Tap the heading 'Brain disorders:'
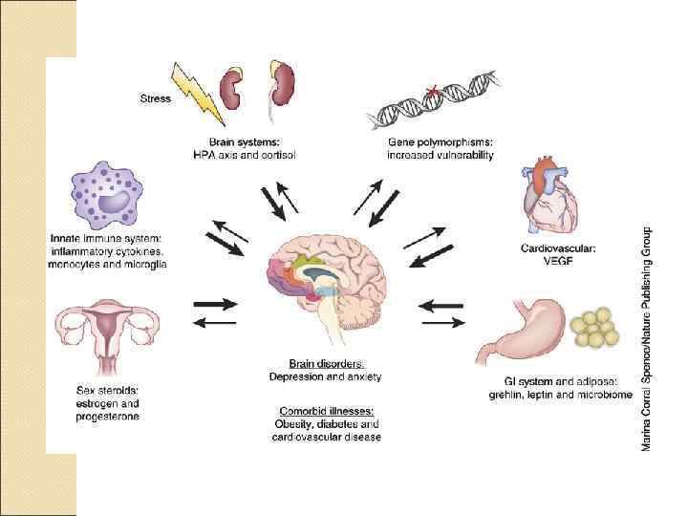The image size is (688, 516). pyautogui.click(x=326, y=363)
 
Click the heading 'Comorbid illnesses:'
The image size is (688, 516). pyautogui.click(x=326, y=411)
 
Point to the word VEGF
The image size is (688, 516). pyautogui.click(x=557, y=260)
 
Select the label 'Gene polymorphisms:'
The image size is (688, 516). pyautogui.click(x=441, y=141)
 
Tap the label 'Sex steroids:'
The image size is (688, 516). pyautogui.click(x=106, y=390)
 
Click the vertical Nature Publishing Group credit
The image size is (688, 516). pyautogui.click(x=647, y=338)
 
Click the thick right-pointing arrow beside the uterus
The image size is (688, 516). pyautogui.click(x=215, y=305)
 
